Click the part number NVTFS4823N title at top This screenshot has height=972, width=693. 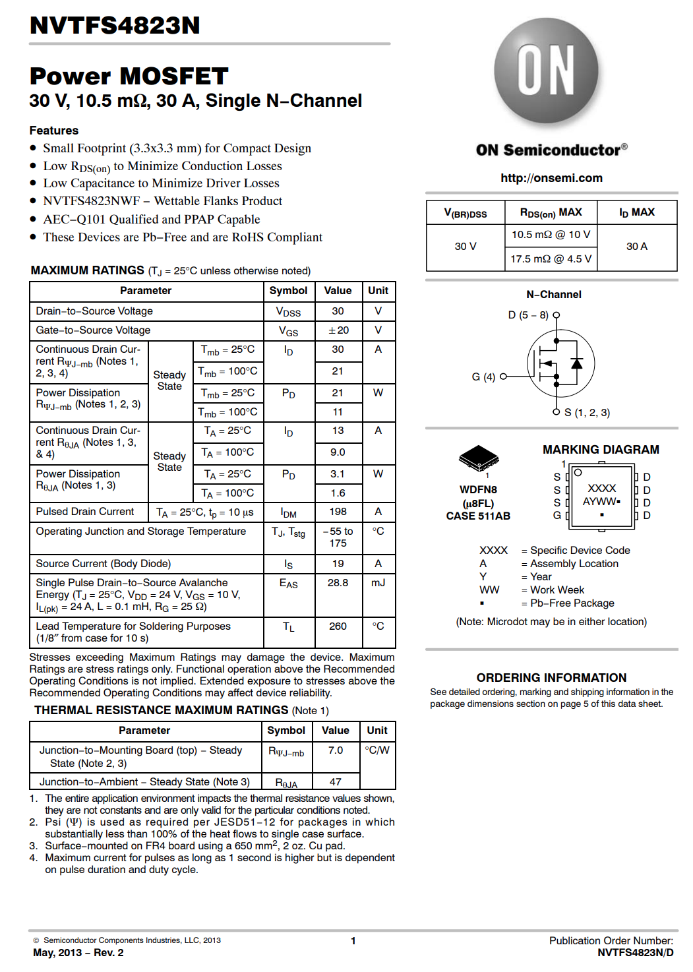(115, 26)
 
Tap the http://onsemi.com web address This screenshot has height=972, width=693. (551, 178)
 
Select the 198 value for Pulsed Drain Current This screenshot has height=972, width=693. (338, 512)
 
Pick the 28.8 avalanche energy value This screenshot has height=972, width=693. (338, 583)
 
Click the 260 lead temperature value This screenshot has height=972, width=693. (338, 626)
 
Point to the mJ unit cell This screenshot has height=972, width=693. (378, 583)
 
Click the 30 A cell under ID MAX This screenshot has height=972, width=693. (636, 247)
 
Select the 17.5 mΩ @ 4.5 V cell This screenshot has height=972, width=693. (551, 259)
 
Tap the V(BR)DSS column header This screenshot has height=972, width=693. (465, 213)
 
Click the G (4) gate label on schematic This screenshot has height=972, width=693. (483, 377)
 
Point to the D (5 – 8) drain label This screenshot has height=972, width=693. (528, 315)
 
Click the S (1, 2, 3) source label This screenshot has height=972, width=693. (587, 413)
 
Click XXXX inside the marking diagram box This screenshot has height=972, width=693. (601, 489)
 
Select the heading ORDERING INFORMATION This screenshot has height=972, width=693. (551, 678)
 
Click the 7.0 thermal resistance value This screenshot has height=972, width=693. (336, 750)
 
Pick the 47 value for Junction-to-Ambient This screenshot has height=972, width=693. (336, 782)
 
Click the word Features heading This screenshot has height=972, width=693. (54, 131)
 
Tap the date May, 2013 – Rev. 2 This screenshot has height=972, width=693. (78, 953)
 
